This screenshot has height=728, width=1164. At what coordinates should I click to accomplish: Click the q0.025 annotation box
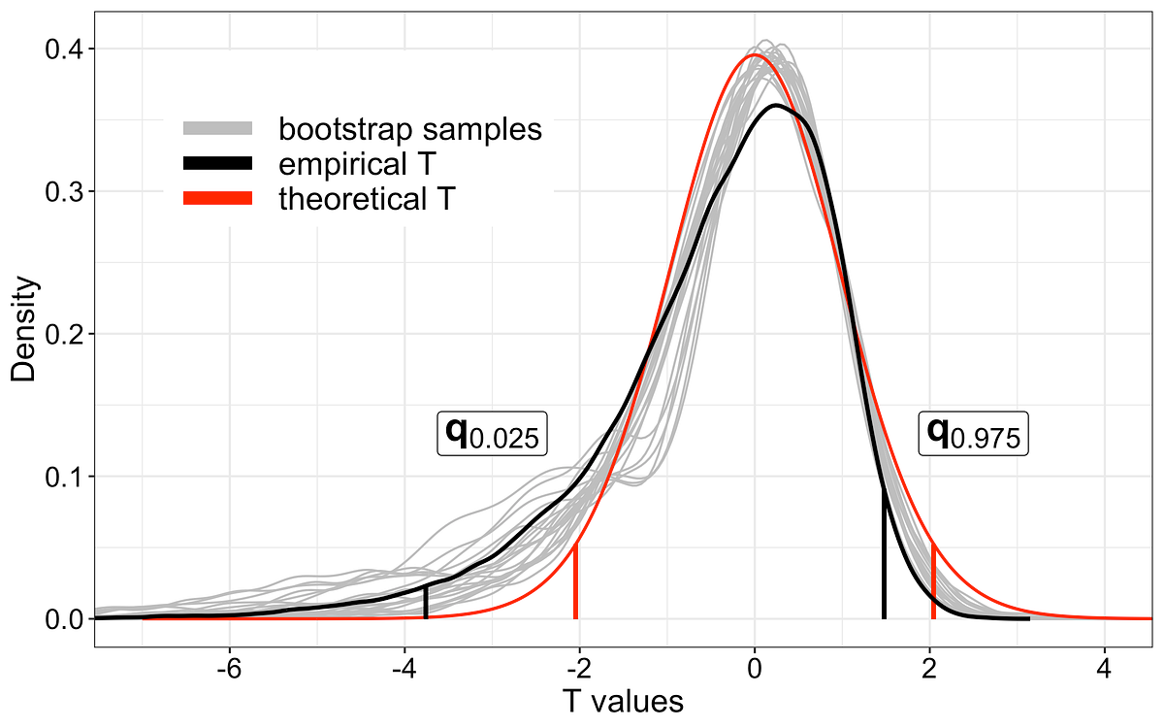coord(493,434)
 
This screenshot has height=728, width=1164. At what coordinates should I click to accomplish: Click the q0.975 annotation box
coord(973,434)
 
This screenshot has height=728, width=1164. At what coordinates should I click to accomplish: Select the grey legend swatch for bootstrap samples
coord(217,128)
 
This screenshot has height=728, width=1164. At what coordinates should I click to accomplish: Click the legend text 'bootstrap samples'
coord(409,128)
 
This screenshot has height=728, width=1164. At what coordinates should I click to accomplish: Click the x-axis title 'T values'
coord(622,701)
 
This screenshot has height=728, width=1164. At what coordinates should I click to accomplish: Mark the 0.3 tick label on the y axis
coord(66,191)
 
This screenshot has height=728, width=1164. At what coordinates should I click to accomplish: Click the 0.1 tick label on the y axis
coord(66,477)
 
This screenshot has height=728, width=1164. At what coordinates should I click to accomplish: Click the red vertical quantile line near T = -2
coord(576,582)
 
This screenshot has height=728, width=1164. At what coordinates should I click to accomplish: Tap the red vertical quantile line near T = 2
coord(933,582)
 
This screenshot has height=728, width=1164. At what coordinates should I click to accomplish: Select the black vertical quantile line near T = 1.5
coord(884,553)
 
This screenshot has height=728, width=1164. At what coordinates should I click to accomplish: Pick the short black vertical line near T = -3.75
coord(426,602)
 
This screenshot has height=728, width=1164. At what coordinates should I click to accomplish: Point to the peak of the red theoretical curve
coord(754,55)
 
